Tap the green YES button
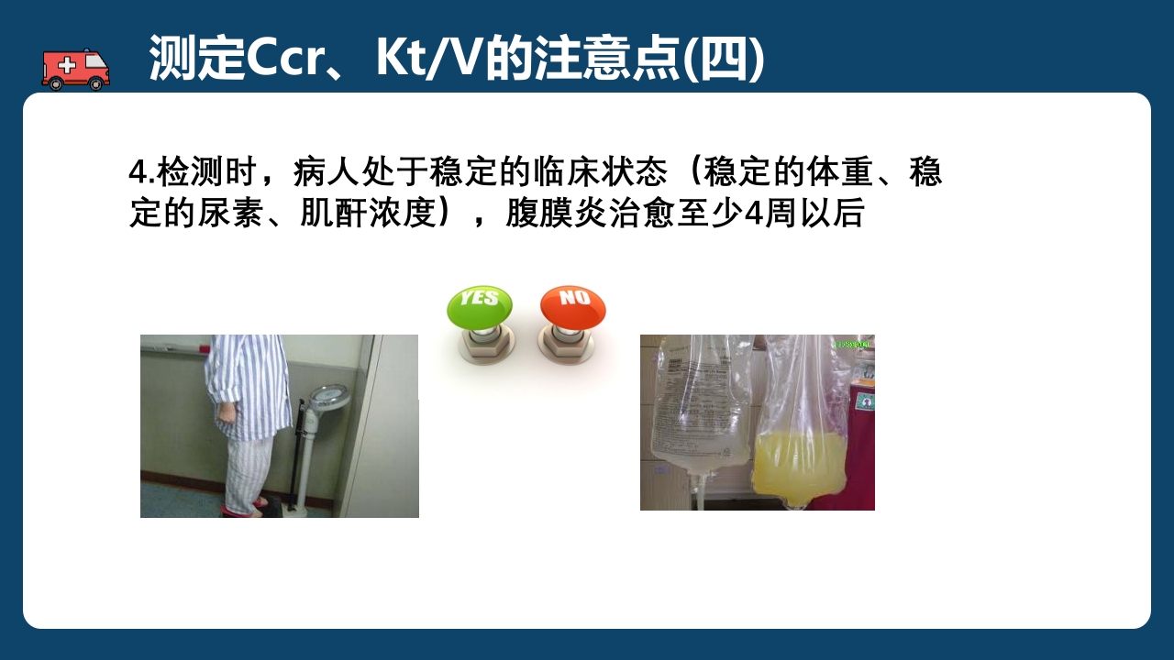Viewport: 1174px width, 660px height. coord(479,307)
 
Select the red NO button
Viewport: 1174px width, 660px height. coord(572,306)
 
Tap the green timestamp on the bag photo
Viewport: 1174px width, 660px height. coord(853,345)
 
